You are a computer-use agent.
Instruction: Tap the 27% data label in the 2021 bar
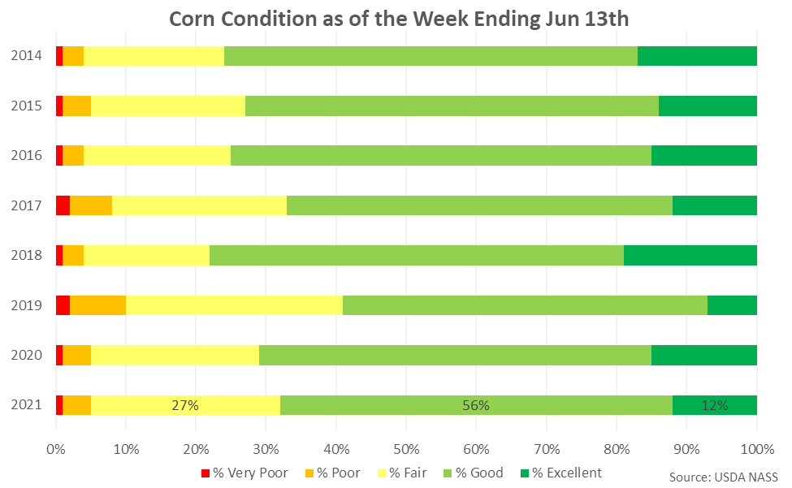pyautogui.click(x=185, y=405)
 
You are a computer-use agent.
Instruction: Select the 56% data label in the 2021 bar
pyautogui.click(x=476, y=405)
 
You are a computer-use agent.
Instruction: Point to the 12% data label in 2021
pyautogui.click(x=715, y=405)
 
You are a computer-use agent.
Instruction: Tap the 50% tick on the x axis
pyautogui.click(x=406, y=449)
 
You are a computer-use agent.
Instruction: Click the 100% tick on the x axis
pyautogui.click(x=756, y=449)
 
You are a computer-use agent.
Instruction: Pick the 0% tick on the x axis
pyautogui.click(x=55, y=449)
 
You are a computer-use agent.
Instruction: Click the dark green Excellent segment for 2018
pyautogui.click(x=690, y=255)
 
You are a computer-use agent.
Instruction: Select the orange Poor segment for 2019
pyautogui.click(x=97, y=305)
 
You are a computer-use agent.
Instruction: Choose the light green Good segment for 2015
pyautogui.click(x=452, y=106)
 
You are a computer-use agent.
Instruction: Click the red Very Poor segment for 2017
pyautogui.click(x=63, y=205)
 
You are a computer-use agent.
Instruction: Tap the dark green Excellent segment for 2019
pyautogui.click(x=732, y=305)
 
